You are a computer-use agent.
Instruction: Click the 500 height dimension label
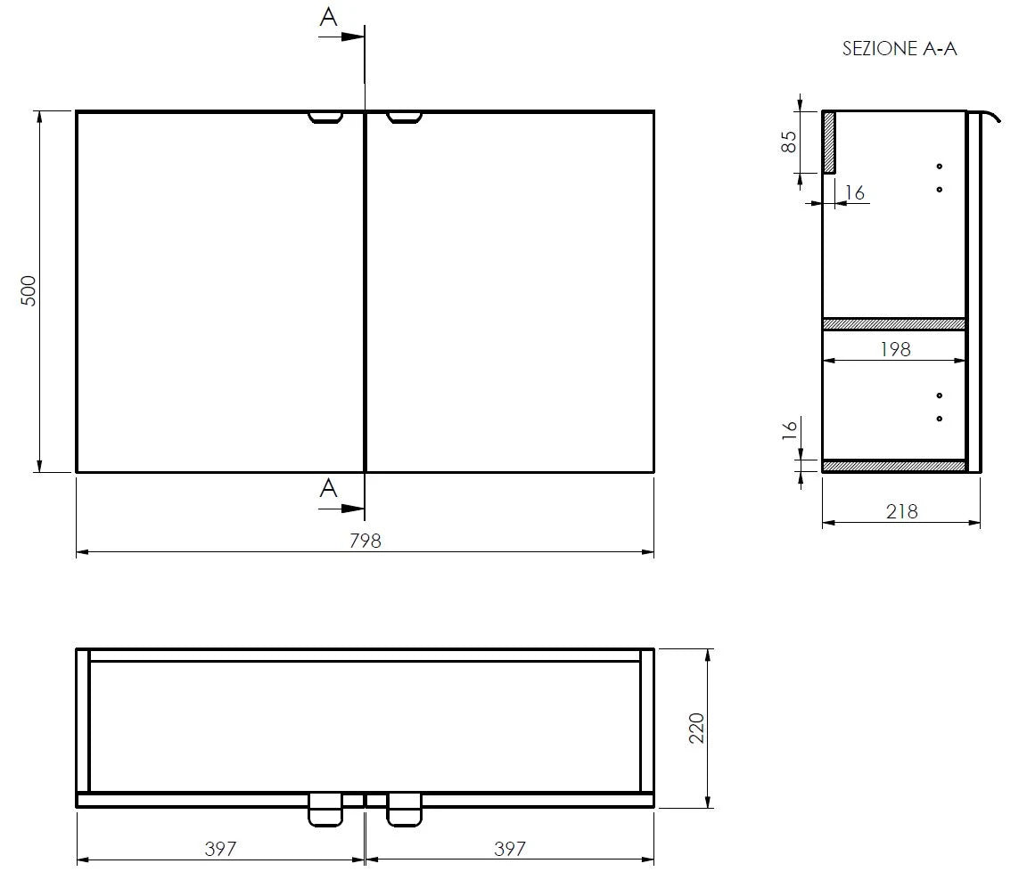(29, 291)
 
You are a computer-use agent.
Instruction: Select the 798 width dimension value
(365, 540)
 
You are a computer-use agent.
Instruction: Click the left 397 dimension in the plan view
(220, 848)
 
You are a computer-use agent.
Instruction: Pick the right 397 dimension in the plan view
(510, 848)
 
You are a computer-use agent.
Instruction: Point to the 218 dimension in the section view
(901, 511)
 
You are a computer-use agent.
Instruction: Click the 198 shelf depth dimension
(895, 349)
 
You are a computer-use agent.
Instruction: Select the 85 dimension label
(789, 142)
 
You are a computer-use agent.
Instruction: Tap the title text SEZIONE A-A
(899, 49)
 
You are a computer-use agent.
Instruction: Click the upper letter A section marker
(329, 17)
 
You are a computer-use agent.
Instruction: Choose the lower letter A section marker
(328, 488)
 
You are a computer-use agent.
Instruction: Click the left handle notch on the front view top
(325, 117)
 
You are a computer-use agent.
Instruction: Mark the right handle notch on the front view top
(404, 117)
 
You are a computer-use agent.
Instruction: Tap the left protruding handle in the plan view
(325, 810)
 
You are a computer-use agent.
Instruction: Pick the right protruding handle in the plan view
(404, 810)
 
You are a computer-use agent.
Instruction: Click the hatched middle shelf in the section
(893, 324)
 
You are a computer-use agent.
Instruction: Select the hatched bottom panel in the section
(893, 466)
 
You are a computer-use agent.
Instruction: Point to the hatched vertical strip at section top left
(828, 143)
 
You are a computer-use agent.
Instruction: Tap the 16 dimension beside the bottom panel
(789, 429)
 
